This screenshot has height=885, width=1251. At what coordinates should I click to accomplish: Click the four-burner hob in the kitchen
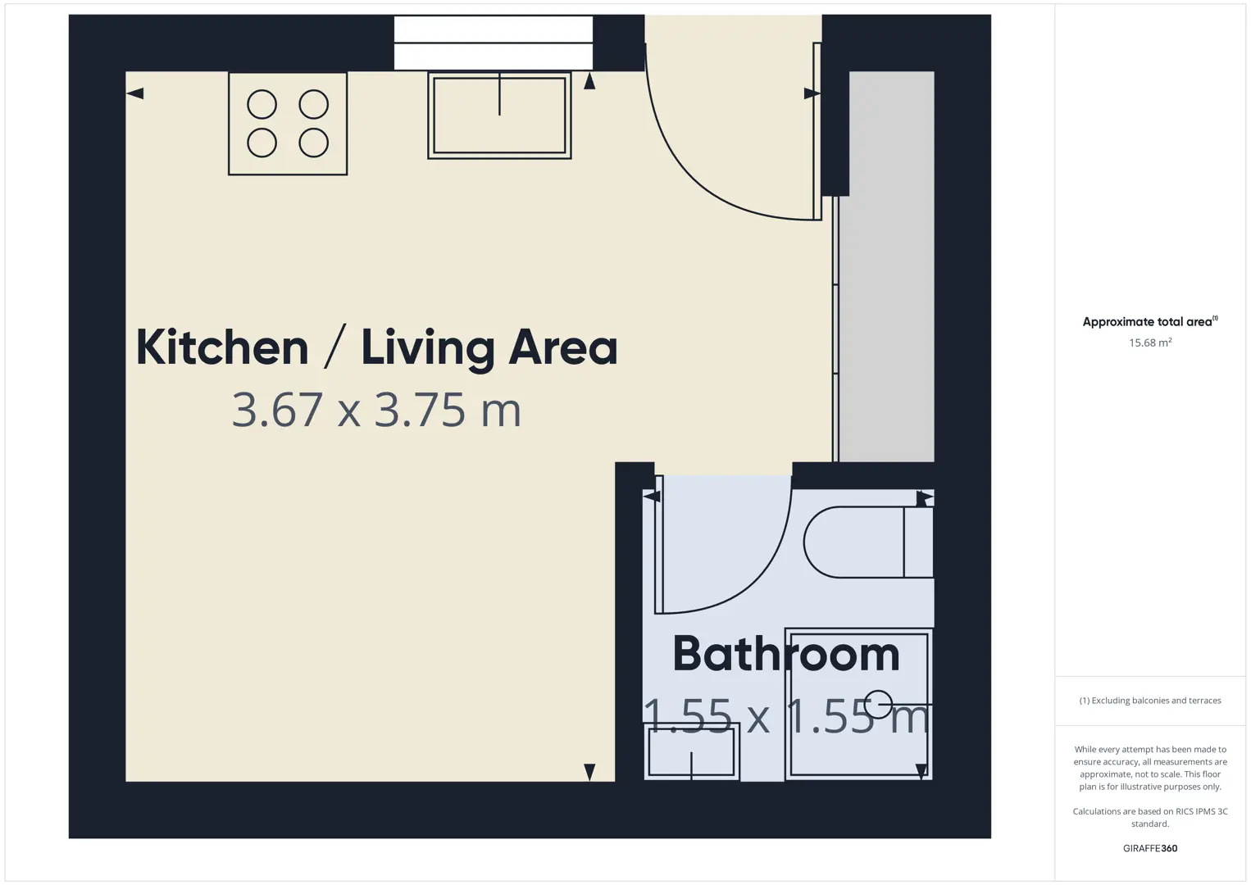[x=288, y=124]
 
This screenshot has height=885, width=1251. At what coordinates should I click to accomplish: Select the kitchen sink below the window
[x=499, y=116]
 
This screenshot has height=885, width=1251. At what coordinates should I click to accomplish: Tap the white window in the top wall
[x=494, y=43]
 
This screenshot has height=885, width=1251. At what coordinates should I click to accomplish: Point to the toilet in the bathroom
[x=868, y=542]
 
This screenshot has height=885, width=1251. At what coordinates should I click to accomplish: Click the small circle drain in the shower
[x=878, y=704]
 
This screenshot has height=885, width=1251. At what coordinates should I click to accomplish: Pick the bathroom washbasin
[x=691, y=751]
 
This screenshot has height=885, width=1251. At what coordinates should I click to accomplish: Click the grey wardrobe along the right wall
[x=886, y=266]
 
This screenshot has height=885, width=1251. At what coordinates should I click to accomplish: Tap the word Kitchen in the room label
[x=222, y=347]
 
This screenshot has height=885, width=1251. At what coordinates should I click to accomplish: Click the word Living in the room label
[x=428, y=348]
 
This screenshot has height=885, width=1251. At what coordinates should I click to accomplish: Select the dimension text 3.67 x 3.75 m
[x=376, y=410]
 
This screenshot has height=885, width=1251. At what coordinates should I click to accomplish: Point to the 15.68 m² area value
[x=1150, y=343]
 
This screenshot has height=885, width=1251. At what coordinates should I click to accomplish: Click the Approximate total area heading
[x=1150, y=321]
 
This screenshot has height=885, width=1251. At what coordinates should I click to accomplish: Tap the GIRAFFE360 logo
[x=1150, y=848]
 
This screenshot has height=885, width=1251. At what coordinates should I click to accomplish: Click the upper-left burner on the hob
[x=262, y=104]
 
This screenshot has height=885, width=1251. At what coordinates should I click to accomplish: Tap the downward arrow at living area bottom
[x=589, y=772]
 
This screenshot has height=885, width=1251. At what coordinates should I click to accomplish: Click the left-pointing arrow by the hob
[x=135, y=93]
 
